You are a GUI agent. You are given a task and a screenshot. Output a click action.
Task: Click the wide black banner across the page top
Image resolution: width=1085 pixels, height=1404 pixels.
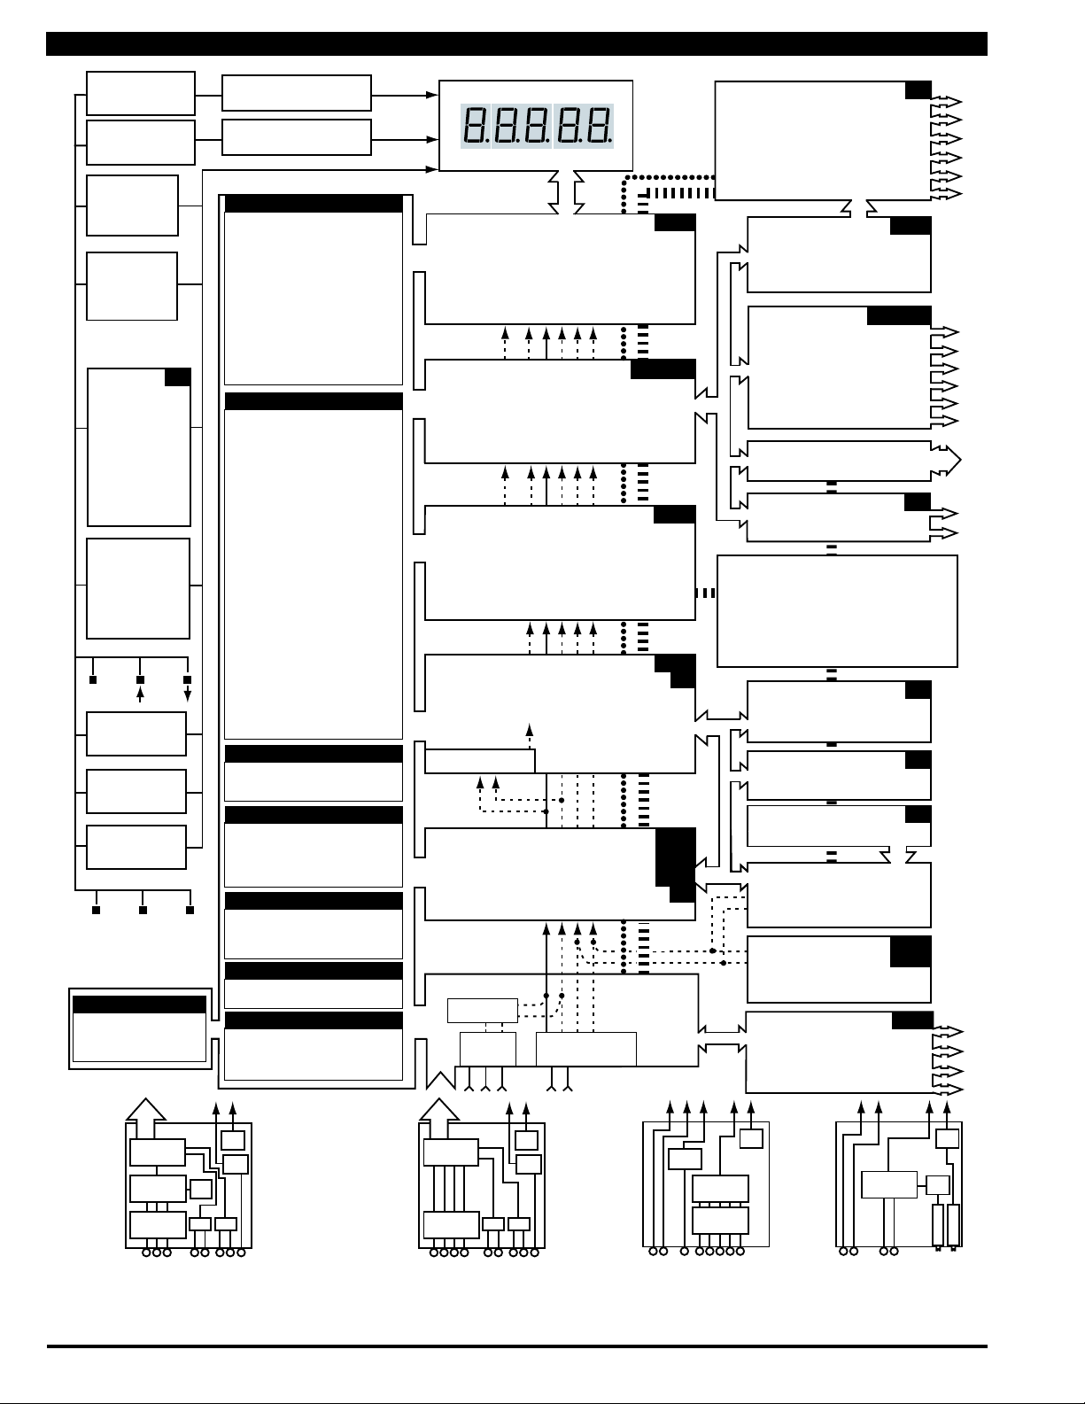tap(516, 43)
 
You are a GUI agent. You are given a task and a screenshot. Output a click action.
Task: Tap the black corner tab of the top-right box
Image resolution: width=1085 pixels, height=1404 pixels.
tap(918, 89)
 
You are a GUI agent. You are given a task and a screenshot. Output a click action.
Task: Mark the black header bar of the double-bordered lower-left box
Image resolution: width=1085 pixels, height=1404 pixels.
tap(139, 1005)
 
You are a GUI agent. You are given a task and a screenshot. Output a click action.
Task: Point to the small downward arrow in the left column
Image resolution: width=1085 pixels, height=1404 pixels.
tap(187, 694)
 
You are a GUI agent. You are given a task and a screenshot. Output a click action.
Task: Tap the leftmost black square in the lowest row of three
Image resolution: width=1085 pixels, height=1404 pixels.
tap(97, 910)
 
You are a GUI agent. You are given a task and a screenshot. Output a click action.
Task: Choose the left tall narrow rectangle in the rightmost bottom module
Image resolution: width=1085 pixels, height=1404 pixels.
tap(939, 1225)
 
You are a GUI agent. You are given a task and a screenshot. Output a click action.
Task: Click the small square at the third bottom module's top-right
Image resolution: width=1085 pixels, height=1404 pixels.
tap(751, 1138)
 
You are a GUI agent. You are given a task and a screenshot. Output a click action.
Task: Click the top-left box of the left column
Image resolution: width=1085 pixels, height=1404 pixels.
tap(140, 93)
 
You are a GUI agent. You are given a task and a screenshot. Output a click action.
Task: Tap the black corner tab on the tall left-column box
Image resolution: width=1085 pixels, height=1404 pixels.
tap(177, 377)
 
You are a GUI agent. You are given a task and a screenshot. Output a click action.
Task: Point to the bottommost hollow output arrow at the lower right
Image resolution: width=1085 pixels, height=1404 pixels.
tap(947, 1087)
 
